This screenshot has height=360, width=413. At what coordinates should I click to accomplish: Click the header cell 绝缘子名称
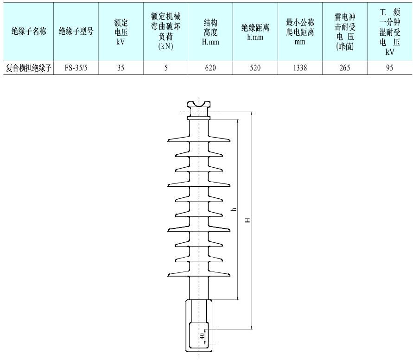[x=29, y=32]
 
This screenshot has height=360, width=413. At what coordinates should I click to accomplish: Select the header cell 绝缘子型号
[x=76, y=32]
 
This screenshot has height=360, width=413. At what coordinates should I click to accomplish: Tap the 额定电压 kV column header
[x=121, y=32]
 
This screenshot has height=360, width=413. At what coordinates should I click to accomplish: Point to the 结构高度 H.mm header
[x=210, y=32]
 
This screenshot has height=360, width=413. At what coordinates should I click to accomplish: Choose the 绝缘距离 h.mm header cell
[x=255, y=32]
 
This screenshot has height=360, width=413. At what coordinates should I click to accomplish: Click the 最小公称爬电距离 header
[x=300, y=32]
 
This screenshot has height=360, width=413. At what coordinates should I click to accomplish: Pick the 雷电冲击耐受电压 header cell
[x=344, y=32]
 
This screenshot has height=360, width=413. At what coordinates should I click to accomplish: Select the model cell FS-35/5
[x=76, y=68]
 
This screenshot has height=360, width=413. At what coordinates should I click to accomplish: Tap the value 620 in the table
[x=210, y=68]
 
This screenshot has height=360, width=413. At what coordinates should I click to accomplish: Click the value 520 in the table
[x=255, y=68]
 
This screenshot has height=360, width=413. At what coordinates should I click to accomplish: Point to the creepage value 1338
[x=300, y=68]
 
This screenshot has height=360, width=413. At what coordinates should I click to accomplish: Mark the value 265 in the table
[x=344, y=68]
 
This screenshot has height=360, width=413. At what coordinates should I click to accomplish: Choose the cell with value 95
[x=389, y=68]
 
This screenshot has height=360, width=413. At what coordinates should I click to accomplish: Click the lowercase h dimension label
[x=235, y=209]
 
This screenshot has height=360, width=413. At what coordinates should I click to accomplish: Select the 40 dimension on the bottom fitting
[x=202, y=336]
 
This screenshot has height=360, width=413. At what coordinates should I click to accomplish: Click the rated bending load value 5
[x=165, y=68]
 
